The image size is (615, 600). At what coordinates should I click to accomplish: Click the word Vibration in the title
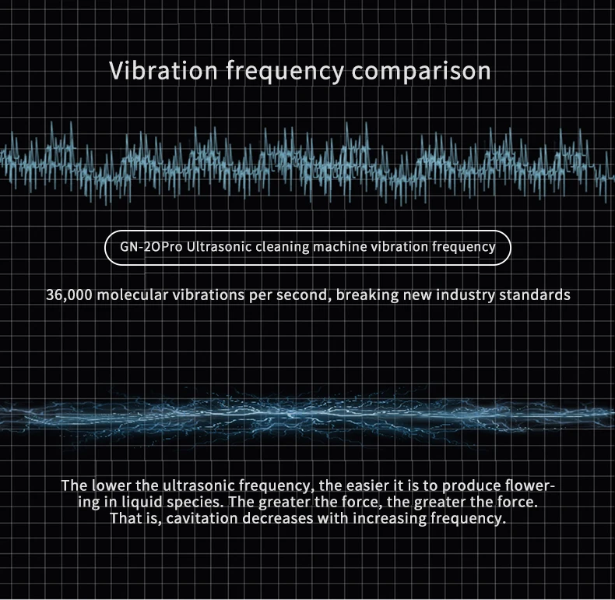[x=163, y=71]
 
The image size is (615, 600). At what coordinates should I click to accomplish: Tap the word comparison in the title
[x=421, y=71]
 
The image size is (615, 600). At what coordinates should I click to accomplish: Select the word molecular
[x=135, y=295]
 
